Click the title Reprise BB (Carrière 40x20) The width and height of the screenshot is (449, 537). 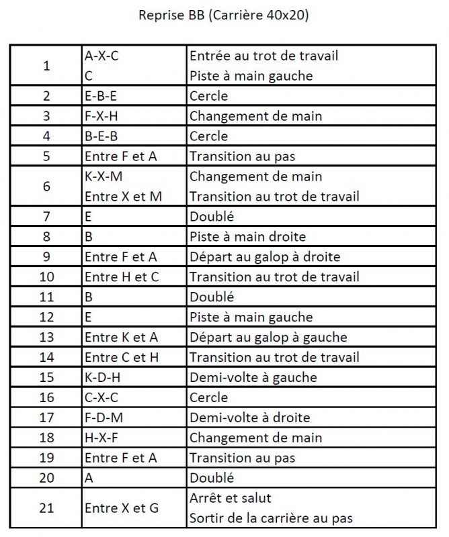224,16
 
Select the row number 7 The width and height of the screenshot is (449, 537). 46,217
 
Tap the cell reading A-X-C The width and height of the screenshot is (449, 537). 101,56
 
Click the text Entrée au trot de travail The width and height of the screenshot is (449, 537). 263,56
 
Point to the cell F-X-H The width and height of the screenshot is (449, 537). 102,116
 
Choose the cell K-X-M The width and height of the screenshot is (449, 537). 104,177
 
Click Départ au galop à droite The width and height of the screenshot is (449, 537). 265,257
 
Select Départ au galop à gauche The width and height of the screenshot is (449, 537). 268,337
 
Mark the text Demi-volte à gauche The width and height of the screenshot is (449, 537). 253,377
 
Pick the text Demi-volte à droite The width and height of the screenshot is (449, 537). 250,418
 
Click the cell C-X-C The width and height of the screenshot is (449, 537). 102,397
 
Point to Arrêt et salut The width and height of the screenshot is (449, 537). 231,499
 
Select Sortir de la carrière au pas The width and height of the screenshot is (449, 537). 271,519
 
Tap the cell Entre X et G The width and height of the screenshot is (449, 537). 121,508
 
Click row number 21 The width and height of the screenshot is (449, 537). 46,508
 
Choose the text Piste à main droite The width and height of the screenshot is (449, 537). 247,237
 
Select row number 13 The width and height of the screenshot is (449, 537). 46,337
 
